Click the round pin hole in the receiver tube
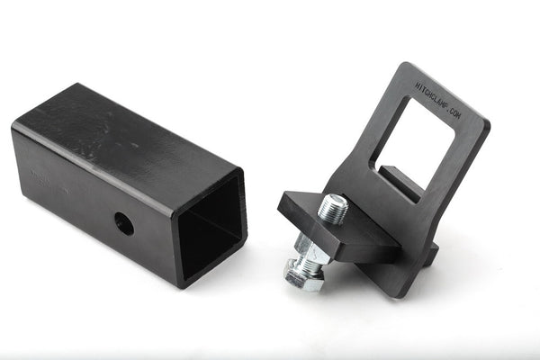[x=124, y=223]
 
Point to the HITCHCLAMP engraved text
[x=430, y=95]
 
